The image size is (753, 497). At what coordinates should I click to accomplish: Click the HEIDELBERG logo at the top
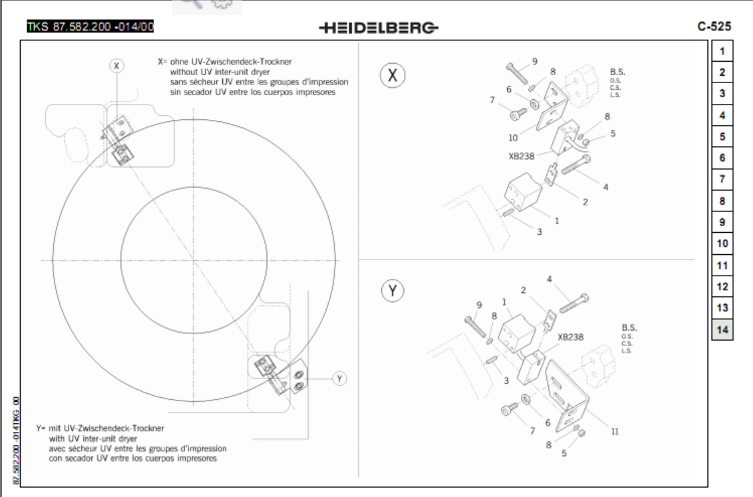pos(379,27)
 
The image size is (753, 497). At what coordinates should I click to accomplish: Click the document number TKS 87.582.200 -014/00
pos(90,27)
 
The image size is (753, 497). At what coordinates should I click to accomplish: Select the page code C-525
pos(714,27)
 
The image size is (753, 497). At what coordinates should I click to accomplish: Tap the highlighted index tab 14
pos(722,329)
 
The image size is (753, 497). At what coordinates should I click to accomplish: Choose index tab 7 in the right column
pos(722,179)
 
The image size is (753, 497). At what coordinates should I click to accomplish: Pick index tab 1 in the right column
pos(722,50)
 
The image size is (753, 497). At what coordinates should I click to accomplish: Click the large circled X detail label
pos(393,76)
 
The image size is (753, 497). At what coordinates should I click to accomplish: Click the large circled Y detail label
pos(393,290)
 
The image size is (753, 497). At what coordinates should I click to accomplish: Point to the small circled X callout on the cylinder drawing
pos(117,65)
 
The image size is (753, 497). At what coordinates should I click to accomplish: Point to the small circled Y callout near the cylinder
pos(340,378)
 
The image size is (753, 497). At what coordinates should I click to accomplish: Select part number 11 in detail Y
pos(614,432)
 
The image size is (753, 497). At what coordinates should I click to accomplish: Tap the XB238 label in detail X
pos(521,156)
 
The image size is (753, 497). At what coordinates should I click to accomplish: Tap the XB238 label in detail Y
pos(570,337)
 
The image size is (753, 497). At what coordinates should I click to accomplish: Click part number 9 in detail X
pos(535,61)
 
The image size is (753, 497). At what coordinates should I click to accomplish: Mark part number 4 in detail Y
pos(549,279)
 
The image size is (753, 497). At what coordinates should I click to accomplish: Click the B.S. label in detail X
pos(618,71)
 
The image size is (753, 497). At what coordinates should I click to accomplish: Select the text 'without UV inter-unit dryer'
pos(219,70)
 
